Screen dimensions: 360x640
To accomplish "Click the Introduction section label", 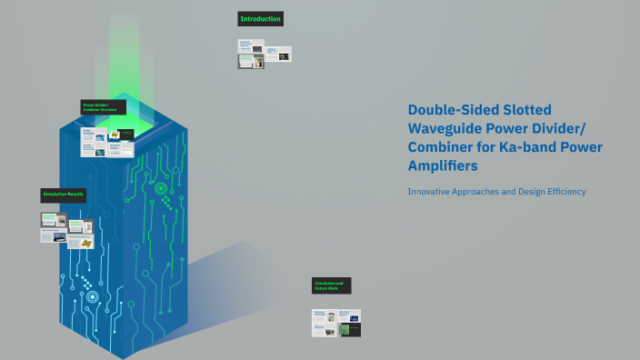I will coord(260,19).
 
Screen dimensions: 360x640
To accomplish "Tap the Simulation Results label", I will coord(64,195).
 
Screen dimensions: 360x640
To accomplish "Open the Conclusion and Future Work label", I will coord(331,285).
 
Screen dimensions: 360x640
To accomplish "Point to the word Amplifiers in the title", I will coord(442,166).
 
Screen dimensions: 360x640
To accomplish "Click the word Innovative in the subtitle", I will coord(431,192).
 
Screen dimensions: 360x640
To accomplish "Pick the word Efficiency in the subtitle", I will coord(562,192).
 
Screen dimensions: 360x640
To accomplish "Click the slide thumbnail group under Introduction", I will coord(264,55).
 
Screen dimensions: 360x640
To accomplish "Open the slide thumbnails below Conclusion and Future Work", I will coord(336,323).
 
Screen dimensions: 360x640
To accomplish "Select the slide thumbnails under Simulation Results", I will coord(67,228).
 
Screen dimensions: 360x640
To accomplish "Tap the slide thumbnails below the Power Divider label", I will coord(107,142).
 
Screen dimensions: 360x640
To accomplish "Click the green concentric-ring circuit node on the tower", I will coord(161,189).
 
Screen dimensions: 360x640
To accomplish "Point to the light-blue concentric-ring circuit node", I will coord(91,296).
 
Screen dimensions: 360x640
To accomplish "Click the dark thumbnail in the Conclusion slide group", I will coord(349,329).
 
